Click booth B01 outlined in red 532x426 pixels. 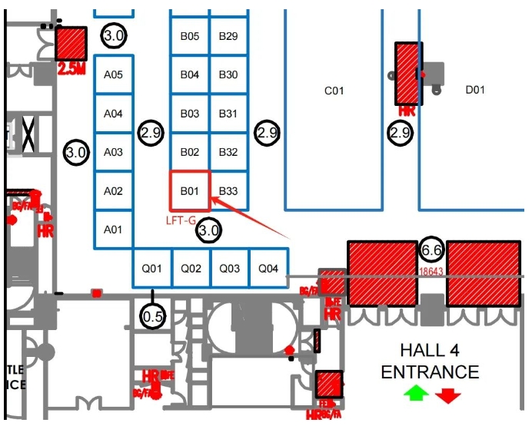pyautogui.click(x=190, y=190)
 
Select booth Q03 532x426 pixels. pyautogui.click(x=230, y=268)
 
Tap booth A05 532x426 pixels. pyautogui.click(x=113, y=74)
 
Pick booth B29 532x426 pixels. pyautogui.click(x=228, y=36)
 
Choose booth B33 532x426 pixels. pyautogui.click(x=228, y=190)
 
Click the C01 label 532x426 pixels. pyautogui.click(x=334, y=91)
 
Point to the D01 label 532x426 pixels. pyautogui.click(x=476, y=91)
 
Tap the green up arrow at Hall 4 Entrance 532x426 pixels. pyautogui.click(x=416, y=395)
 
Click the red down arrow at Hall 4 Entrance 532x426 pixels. pyautogui.click(x=448, y=395)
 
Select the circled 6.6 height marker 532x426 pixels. pyautogui.click(x=432, y=249)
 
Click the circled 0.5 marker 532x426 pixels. pyautogui.click(x=155, y=315)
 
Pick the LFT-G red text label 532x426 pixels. pyautogui.click(x=182, y=220)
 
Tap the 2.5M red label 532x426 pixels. pyautogui.click(x=71, y=68)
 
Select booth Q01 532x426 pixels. pyautogui.click(x=151, y=268)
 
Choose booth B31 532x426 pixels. pyautogui.click(x=228, y=114)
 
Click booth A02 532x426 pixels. pyautogui.click(x=113, y=190)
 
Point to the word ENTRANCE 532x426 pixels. pyautogui.click(x=431, y=372)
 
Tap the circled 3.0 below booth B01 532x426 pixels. pyautogui.click(x=209, y=229)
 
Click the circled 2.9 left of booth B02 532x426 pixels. pyautogui.click(x=150, y=133)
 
